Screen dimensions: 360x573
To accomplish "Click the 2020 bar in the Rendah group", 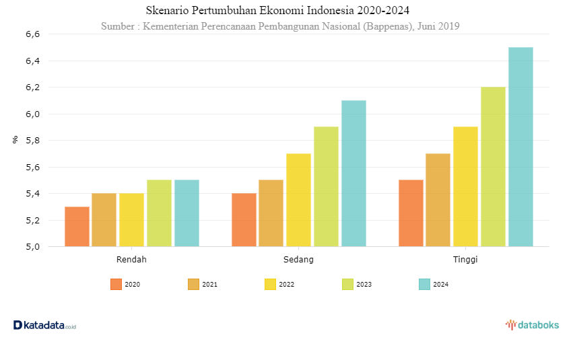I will pos(77,227).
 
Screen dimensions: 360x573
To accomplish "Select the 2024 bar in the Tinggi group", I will pos(520,147).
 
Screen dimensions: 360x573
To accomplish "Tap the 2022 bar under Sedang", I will pos(298,200).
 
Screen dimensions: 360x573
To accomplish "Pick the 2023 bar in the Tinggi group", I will pos(493,167).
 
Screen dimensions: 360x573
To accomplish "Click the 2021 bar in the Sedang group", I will pos(271,213).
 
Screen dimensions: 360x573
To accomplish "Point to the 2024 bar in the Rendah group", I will pos(187,213).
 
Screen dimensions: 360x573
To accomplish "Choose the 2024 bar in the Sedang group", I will pos(353,174).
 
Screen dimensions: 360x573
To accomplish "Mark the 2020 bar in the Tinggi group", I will pos(411,213).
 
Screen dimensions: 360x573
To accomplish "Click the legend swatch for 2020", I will pos(116,285).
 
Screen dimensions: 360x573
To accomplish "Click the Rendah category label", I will pos(131,259).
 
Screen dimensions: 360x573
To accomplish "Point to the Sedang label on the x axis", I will pos(298,259).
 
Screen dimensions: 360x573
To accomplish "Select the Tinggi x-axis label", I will pos(465,259).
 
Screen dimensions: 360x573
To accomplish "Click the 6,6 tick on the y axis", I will pos(32,34).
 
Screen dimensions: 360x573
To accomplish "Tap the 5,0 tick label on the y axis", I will pos(32,247).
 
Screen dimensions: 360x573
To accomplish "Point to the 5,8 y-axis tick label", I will pos(32,141).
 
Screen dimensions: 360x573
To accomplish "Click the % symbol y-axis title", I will pos(15,140).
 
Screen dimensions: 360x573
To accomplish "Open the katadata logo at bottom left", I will pos(44,326).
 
